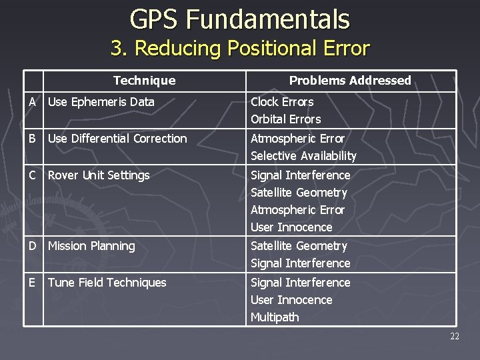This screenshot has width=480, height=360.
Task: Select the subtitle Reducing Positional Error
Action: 239,49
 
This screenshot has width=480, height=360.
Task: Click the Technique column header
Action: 144,81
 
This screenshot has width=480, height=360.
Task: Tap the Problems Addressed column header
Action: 349,81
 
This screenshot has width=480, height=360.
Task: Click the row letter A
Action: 33,102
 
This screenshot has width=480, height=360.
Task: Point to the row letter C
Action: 33,175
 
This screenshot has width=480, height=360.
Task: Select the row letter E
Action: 33,283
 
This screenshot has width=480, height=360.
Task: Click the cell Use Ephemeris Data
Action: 101,102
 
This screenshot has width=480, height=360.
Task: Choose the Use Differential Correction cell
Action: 117,139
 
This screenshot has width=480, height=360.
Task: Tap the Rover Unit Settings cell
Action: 99,175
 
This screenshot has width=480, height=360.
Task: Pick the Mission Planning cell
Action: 91,246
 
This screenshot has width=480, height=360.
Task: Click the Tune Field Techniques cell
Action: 107,283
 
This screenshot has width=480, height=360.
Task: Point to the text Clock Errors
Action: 282,102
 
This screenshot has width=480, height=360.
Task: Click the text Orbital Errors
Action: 285,119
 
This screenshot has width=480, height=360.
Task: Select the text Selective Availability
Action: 303,156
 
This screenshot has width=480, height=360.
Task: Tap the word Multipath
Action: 275,317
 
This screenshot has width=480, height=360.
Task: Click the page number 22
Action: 454,337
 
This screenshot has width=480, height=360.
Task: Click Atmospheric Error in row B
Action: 297,139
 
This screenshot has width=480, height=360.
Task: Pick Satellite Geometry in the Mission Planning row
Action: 299,246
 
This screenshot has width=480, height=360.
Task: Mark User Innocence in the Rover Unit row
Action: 291,227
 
